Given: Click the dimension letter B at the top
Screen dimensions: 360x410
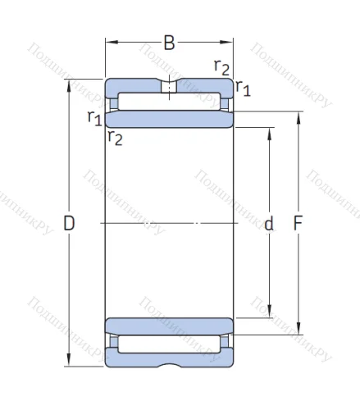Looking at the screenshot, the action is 169,43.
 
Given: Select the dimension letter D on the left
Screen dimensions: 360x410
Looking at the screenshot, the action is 69,223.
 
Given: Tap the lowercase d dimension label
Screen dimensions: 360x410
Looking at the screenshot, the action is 269,223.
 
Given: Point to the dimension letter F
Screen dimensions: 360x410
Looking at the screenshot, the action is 298,223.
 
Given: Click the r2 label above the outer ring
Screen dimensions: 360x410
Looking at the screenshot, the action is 221,67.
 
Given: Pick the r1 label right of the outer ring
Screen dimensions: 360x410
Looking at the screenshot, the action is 243,88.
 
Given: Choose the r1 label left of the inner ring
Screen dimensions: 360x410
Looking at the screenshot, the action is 95,118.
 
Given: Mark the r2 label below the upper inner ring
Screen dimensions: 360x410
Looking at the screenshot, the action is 115,138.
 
